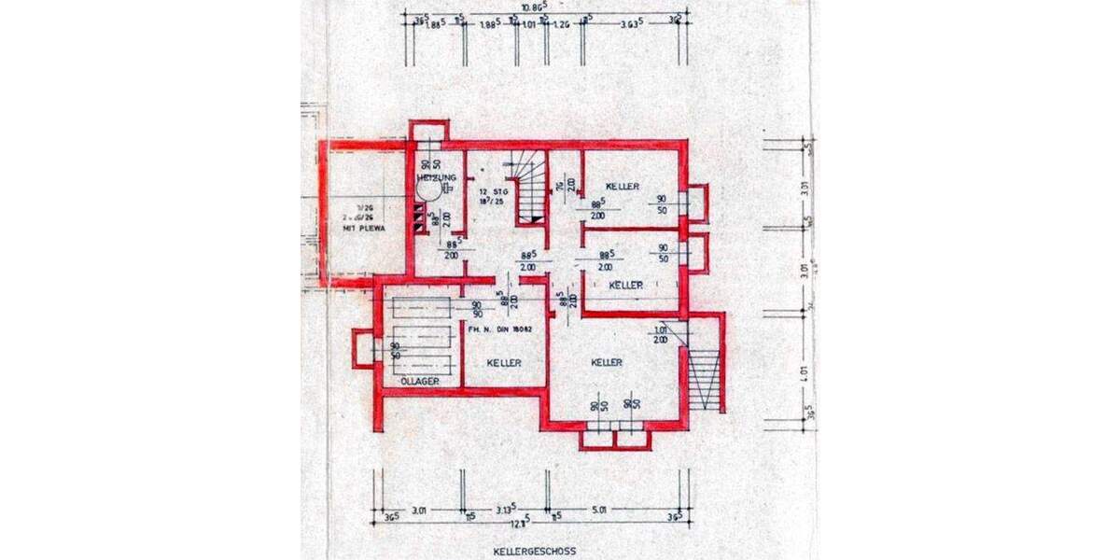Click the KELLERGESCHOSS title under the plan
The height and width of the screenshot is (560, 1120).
[537, 551]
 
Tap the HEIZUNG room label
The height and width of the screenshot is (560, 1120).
[435, 177]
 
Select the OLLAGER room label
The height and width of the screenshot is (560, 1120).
[418, 381]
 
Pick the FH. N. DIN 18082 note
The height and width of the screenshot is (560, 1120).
[502, 329]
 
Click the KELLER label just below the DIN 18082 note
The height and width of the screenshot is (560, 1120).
[504, 362]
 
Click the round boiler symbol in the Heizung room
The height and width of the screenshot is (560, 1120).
[429, 190]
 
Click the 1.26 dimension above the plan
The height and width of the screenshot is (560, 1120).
[560, 25]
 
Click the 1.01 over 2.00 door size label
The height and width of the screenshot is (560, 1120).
[662, 334]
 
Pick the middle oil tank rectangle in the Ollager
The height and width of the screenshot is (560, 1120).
[421, 336]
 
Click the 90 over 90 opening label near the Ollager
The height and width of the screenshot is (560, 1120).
[476, 310]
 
